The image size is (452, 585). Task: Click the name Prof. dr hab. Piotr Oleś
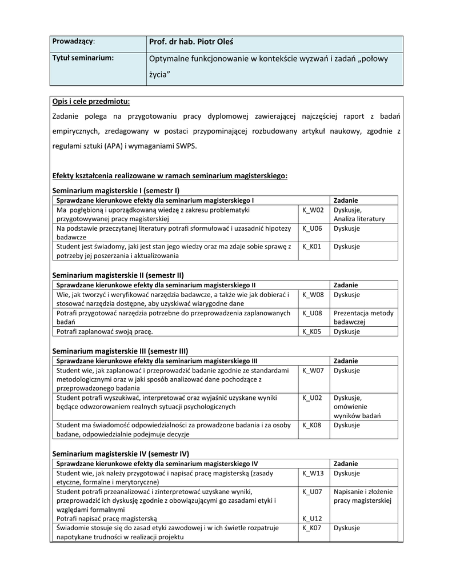tap(191, 42)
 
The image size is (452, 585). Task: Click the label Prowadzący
tap(74, 42)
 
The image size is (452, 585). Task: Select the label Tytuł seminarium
tap(83, 58)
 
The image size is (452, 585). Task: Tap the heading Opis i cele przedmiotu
tap(91, 102)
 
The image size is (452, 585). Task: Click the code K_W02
tap(313, 210)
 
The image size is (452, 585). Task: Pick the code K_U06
tap(312, 229)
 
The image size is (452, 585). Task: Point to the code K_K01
tap(312, 247)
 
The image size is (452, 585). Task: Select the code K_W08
tap(313, 295)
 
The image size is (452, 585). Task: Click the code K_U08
tap(312, 313)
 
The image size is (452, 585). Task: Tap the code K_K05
tap(312, 331)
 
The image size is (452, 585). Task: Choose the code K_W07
tap(313, 370)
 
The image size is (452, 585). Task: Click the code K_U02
tap(312, 398)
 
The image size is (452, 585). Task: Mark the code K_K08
tap(312, 425)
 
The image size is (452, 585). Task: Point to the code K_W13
tap(313, 473)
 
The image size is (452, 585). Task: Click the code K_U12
tap(312, 519)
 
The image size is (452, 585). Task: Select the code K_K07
tap(312, 528)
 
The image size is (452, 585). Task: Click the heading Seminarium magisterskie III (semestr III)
tap(121, 351)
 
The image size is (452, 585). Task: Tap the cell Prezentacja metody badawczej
tap(363, 318)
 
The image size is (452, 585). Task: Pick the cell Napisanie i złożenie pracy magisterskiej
tap(363, 496)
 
